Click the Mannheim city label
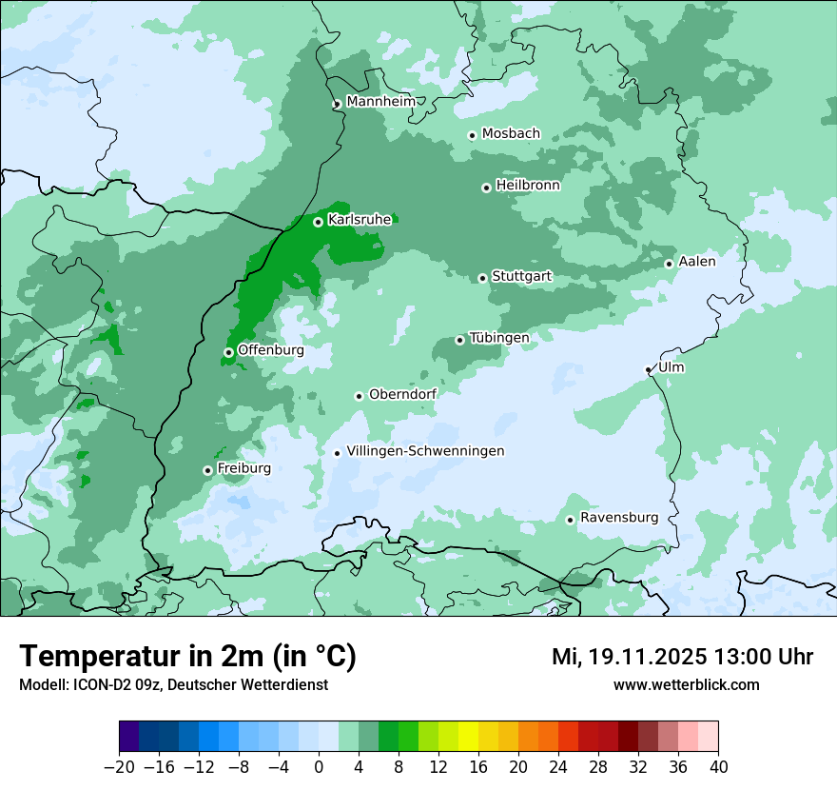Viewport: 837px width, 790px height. click(x=380, y=101)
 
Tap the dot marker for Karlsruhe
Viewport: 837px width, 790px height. click(x=318, y=222)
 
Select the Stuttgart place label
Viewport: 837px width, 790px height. click(x=521, y=276)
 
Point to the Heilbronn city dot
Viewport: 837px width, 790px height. click(x=486, y=188)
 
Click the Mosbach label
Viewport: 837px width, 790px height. click(x=511, y=133)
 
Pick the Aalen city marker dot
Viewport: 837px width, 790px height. click(x=669, y=264)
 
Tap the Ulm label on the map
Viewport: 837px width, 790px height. click(x=672, y=367)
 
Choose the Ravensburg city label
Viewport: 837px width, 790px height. click(x=618, y=518)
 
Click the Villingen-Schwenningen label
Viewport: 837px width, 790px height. click(x=425, y=451)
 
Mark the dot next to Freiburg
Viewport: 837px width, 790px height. click(x=207, y=470)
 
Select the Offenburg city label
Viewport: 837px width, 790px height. click(x=270, y=350)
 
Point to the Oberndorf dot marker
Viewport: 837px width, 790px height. click(x=359, y=396)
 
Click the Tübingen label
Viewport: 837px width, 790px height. click(x=498, y=338)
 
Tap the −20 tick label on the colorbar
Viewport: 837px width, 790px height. click(x=119, y=766)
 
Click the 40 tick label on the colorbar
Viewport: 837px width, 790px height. click(x=718, y=766)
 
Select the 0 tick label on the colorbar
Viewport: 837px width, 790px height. click(x=319, y=766)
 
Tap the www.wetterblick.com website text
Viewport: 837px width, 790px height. click(x=686, y=684)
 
